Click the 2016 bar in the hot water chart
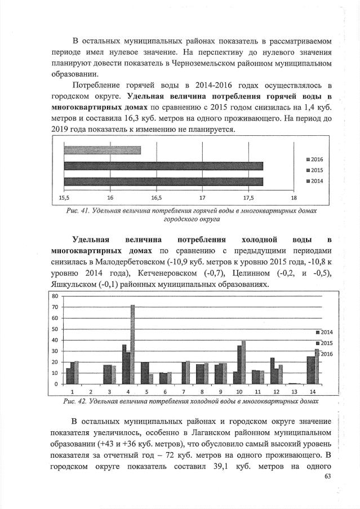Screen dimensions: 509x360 click(102, 150)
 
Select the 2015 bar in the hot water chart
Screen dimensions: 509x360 click(163, 166)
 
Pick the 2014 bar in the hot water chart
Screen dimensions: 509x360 click(163, 181)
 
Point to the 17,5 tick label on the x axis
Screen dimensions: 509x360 click(248, 198)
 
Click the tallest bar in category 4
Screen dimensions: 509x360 click(133, 344)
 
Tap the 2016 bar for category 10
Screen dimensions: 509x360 click(243, 362)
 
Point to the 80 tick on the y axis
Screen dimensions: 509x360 click(55, 296)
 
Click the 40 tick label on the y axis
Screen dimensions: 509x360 click(55, 340)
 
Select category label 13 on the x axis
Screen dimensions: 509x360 click(294, 391)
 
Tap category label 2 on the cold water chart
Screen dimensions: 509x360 click(90, 391)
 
